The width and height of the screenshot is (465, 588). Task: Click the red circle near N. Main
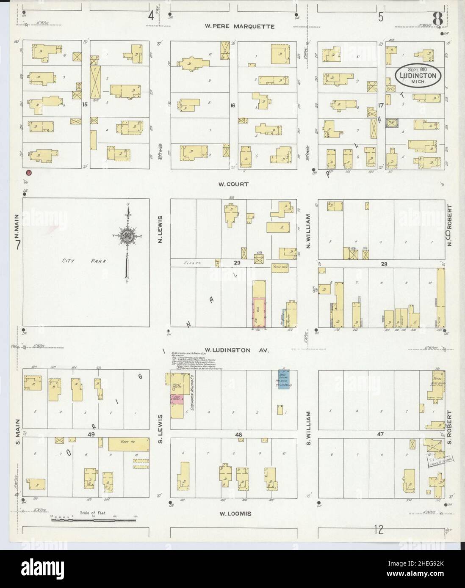point(29,172)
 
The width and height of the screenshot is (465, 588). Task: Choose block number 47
point(380,434)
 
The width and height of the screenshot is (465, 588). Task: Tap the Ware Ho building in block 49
point(128,444)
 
